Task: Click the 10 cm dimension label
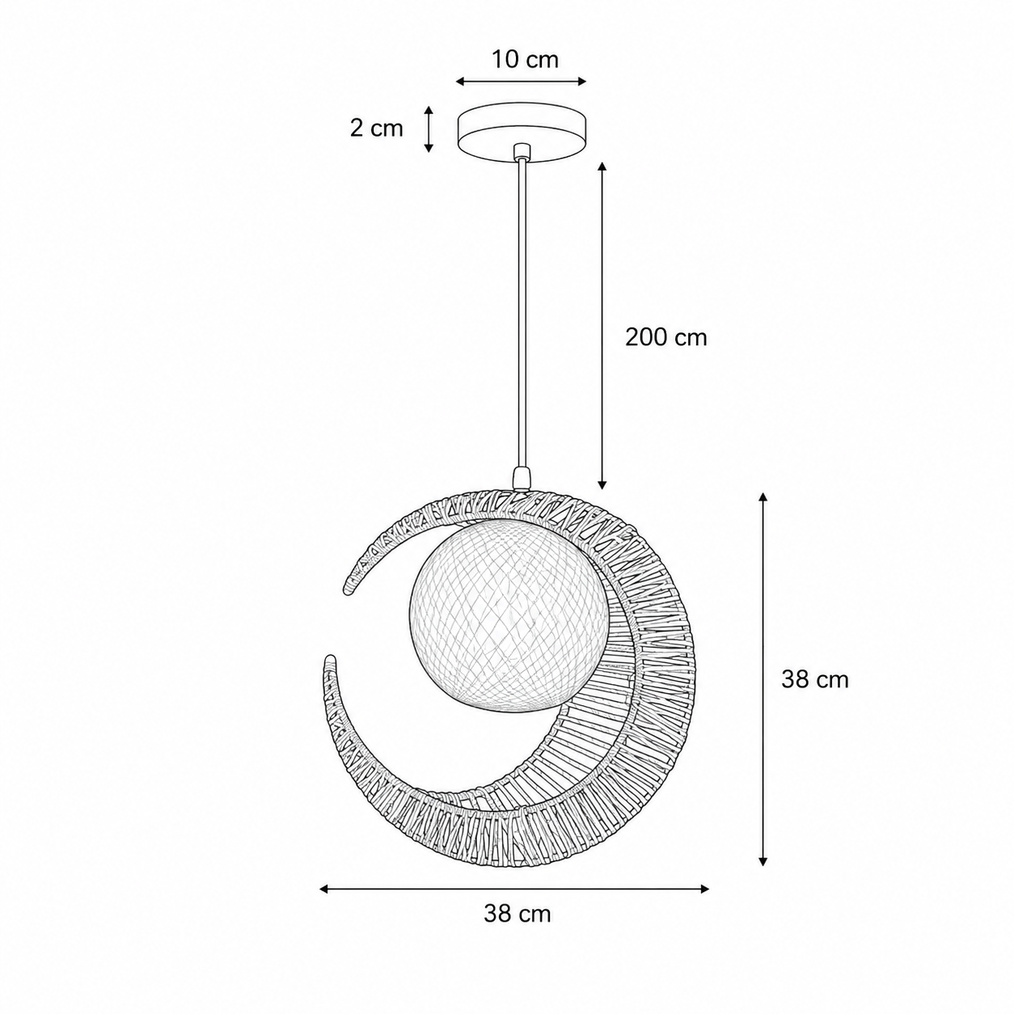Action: pos(525,60)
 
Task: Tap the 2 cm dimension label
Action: pos(376,129)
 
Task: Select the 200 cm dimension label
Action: pos(665,337)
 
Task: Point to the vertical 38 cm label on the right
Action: pos(814,680)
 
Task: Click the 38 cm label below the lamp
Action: pos(518,914)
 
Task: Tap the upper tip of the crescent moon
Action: pos(348,589)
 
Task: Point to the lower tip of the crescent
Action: pos(329,659)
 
